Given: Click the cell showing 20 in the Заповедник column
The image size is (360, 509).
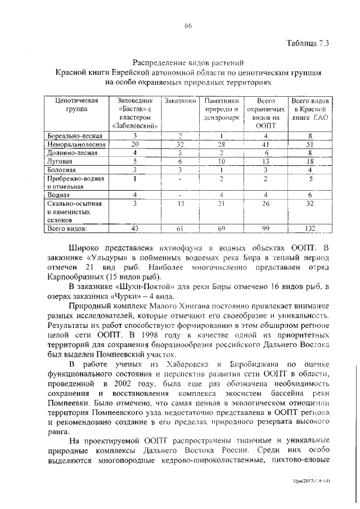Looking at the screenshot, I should click(x=136, y=144).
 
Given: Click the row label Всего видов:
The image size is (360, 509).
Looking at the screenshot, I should click(x=67, y=229).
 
